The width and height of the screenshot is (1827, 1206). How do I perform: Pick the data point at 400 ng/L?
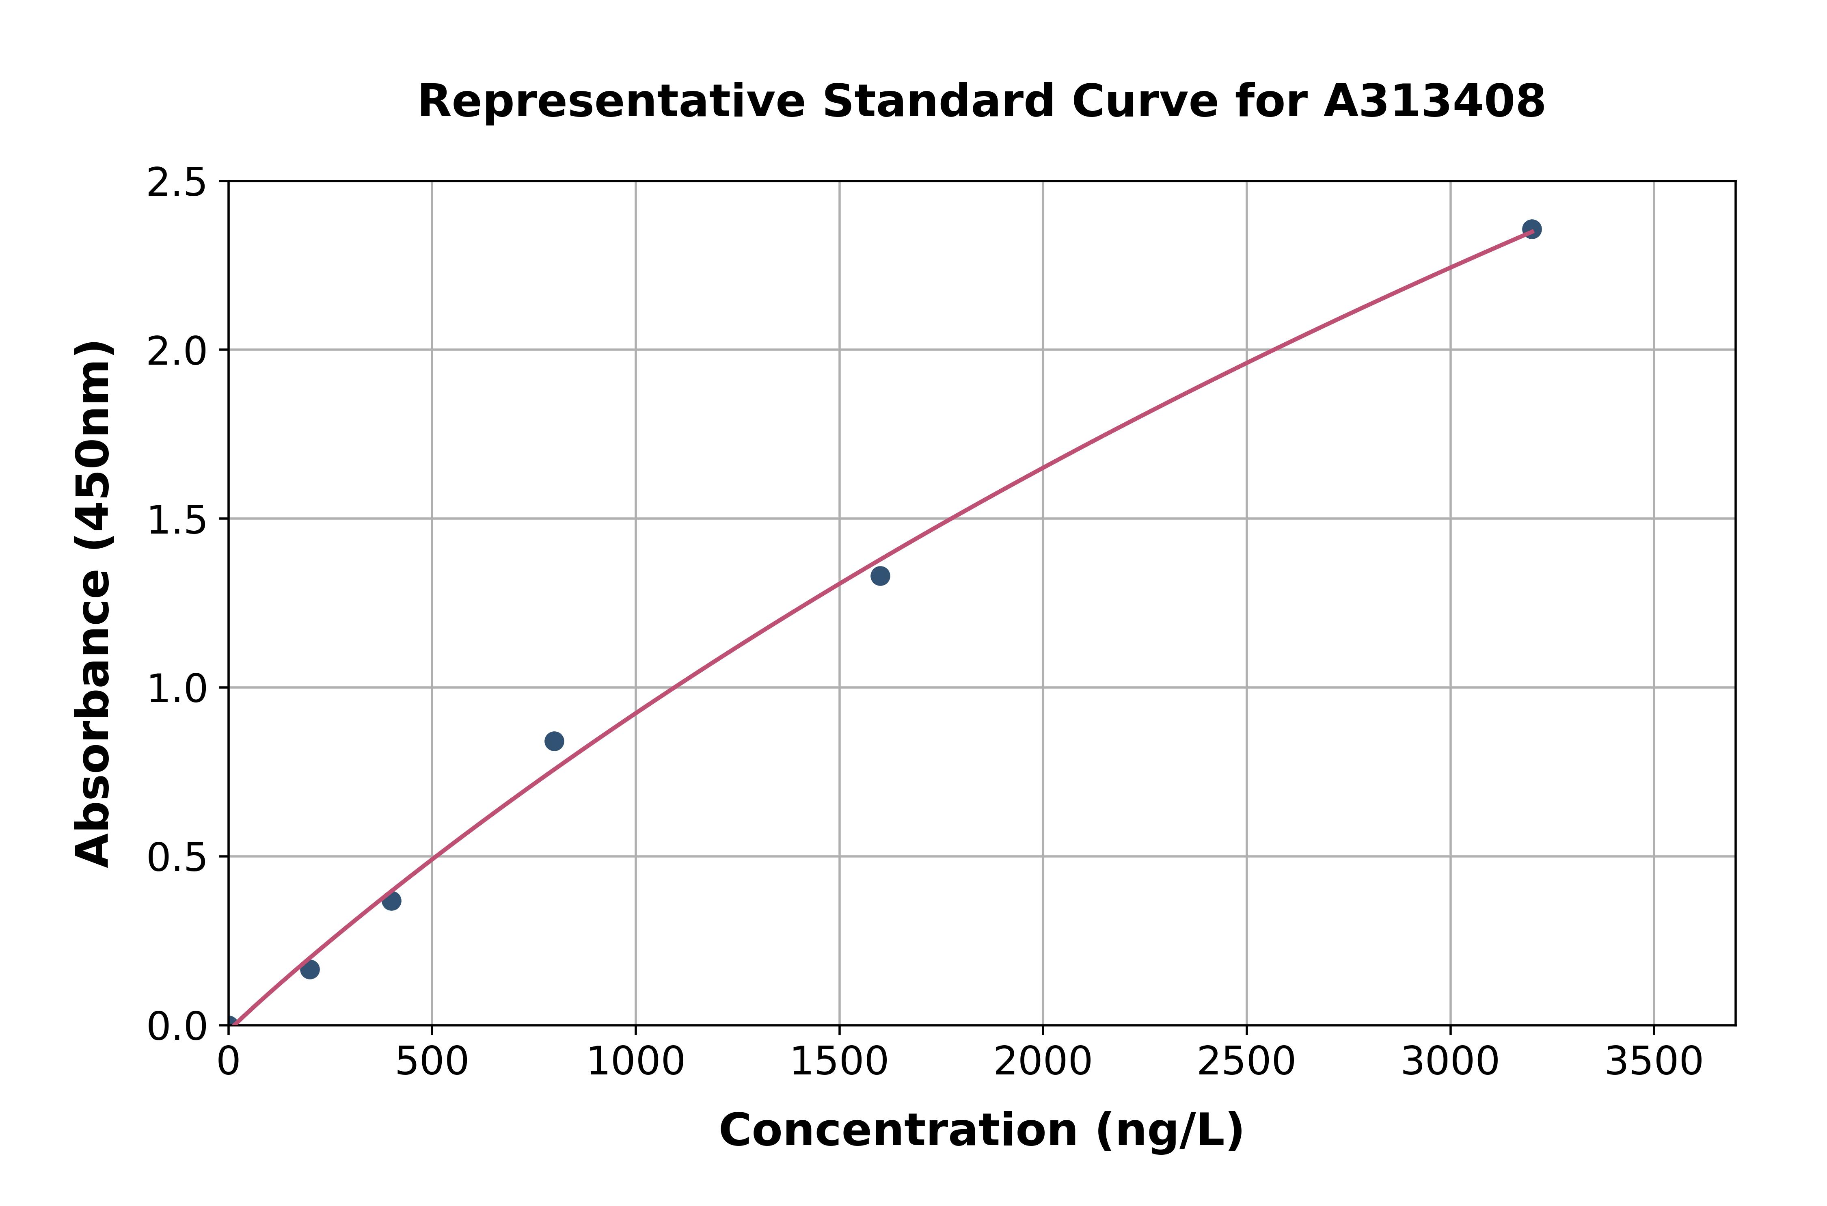pyautogui.click(x=391, y=901)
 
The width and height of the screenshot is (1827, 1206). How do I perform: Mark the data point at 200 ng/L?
pyautogui.click(x=310, y=970)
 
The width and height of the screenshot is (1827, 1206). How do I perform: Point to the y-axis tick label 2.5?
pyautogui.click(x=177, y=183)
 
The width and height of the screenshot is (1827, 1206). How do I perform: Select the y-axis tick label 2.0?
pyautogui.click(x=177, y=352)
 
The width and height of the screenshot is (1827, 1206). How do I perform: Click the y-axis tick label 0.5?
pyautogui.click(x=177, y=858)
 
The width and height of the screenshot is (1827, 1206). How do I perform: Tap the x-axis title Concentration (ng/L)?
pyautogui.click(x=981, y=1131)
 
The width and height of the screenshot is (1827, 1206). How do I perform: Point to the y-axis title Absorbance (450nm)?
pyautogui.click(x=94, y=604)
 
